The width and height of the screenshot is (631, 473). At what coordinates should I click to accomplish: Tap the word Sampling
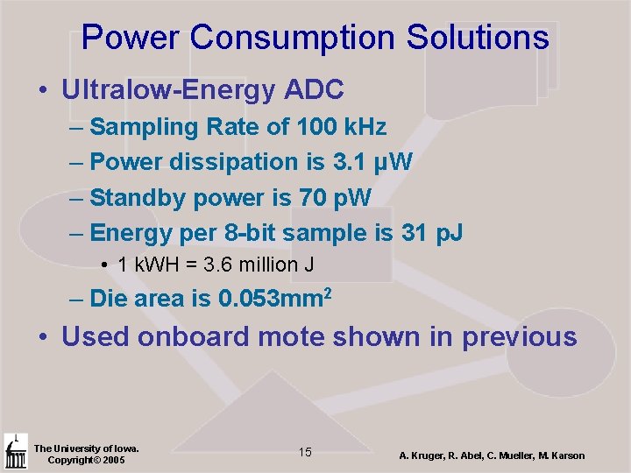coord(145,127)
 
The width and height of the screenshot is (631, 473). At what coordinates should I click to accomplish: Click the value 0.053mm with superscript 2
coord(274,299)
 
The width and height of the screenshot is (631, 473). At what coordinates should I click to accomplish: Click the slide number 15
coord(305,452)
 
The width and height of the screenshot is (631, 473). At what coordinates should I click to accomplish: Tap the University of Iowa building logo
coord(15,452)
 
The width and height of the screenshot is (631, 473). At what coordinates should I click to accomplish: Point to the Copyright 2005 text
coord(86,461)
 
